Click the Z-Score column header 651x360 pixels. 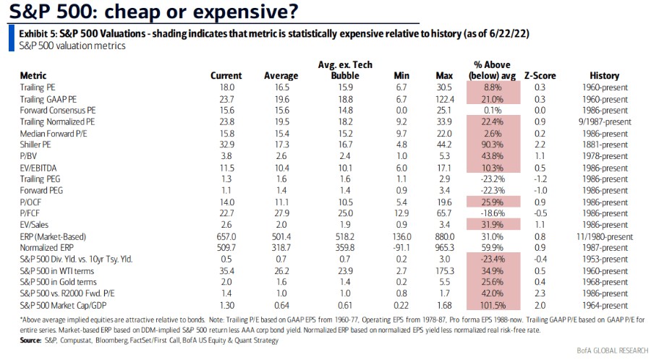point(538,75)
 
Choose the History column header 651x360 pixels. point(604,75)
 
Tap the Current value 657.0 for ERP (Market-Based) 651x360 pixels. point(220,235)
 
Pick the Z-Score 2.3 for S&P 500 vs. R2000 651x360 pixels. point(539,293)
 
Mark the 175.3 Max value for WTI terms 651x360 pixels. point(441,270)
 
